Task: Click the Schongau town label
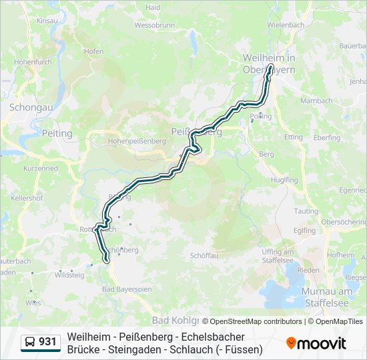click(x=26, y=107)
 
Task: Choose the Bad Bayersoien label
click(x=127, y=289)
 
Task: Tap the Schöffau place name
click(x=204, y=255)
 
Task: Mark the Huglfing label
click(x=285, y=180)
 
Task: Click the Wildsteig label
click(x=69, y=275)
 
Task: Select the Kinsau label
click(x=48, y=21)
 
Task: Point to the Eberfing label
click(x=326, y=137)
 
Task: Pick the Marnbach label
click(x=316, y=101)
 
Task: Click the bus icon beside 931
click(x=30, y=342)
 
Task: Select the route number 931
click(x=47, y=342)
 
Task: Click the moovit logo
click(x=316, y=343)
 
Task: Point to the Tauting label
click(x=306, y=211)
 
